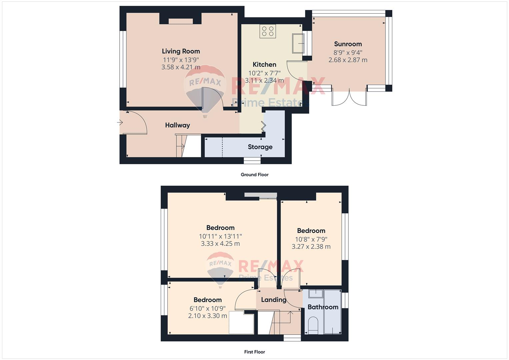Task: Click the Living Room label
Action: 181,51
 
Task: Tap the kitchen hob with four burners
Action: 268,31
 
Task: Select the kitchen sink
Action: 298,43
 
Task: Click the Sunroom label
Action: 348,44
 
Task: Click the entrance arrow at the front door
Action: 120,123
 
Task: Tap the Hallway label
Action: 177,125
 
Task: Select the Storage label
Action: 260,147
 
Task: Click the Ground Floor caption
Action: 254,175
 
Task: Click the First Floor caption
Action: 254,352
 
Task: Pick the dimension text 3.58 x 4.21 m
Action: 181,67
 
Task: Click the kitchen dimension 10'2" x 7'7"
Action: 264,73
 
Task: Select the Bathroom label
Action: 323,307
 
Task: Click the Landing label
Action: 273,300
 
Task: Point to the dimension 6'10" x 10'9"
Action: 207,308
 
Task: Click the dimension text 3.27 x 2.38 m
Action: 311,247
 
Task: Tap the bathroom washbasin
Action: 315,294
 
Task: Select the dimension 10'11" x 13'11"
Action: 220,236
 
